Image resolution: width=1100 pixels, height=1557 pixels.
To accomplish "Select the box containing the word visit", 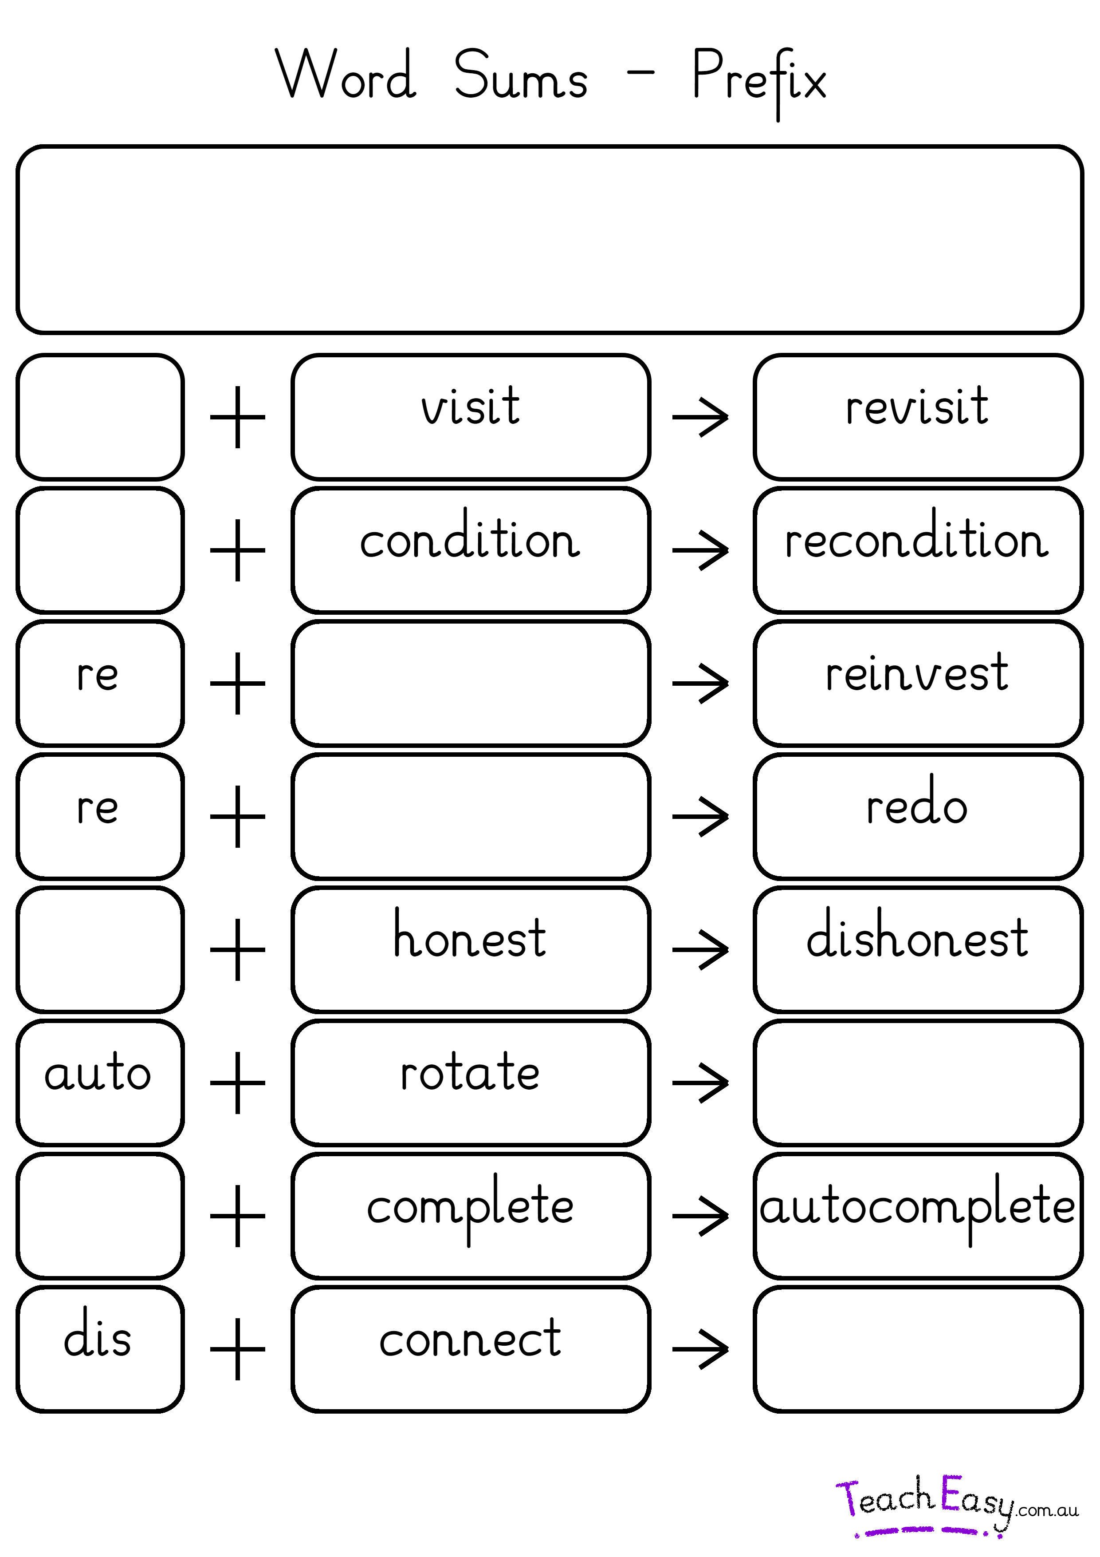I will (x=470, y=416).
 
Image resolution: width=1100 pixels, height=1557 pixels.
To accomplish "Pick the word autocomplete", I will (x=916, y=1207).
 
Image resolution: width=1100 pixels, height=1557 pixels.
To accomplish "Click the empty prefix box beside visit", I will (x=100, y=416).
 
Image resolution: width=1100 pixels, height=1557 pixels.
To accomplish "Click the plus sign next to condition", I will (x=237, y=550).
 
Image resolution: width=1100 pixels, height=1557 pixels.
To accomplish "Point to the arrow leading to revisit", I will (x=700, y=417).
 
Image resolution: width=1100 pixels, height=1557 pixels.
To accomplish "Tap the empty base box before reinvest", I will (x=470, y=683).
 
